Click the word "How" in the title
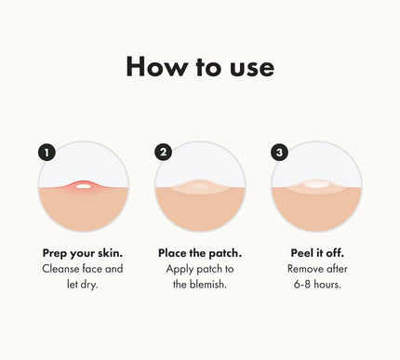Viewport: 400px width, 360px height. coord(157,66)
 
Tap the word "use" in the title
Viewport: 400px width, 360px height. coord(252,69)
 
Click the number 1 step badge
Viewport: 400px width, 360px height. coord(47,153)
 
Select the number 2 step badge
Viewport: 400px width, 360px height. coord(163,152)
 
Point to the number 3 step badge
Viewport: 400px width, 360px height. coord(279,153)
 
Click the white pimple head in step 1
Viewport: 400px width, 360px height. coord(83,186)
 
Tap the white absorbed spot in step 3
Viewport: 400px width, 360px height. coord(316,184)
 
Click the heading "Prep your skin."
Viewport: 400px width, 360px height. coord(83,254)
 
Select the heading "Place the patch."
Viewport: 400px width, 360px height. coord(200,253)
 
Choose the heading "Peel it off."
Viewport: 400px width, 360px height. coord(317,253)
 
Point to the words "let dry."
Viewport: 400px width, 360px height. coord(83,285)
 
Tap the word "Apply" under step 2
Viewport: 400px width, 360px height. coord(179,270)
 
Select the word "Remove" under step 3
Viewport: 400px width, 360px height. coord(302,269)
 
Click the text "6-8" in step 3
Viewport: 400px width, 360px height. coord(302,284)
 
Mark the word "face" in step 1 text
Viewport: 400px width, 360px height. coord(92,269)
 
